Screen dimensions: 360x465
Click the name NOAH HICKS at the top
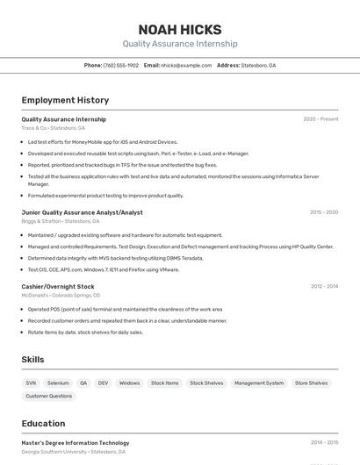pyautogui.click(x=180, y=29)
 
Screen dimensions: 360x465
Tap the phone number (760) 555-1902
pyautogui.click(x=120, y=65)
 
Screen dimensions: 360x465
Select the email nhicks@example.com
pyautogui.click(x=186, y=65)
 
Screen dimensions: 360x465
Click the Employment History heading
pyautogui.click(x=65, y=100)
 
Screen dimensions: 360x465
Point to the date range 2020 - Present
pyautogui.click(x=320, y=119)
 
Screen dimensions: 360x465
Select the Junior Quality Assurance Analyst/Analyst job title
pyautogui.click(x=82, y=212)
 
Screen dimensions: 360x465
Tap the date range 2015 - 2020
pyautogui.click(x=324, y=212)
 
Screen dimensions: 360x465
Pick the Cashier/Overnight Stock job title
pyautogui.click(x=58, y=287)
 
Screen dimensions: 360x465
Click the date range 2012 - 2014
pyautogui.click(x=324, y=287)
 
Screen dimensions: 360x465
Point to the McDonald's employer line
pyautogui.click(x=61, y=296)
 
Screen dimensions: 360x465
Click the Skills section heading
pyautogui.click(x=33, y=360)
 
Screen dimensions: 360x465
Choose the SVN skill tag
pyautogui.click(x=31, y=383)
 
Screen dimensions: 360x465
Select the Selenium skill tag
pyautogui.click(x=58, y=383)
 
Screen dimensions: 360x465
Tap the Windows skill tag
pyautogui.click(x=129, y=383)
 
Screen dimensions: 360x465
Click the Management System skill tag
pyautogui.click(x=259, y=383)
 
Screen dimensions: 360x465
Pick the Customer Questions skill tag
pyautogui.click(x=49, y=397)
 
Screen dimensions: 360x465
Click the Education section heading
pyautogui.click(x=43, y=424)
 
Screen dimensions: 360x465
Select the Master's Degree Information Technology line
pyautogui.click(x=76, y=443)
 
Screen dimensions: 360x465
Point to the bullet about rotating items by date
pyautogui.click(x=85, y=333)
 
